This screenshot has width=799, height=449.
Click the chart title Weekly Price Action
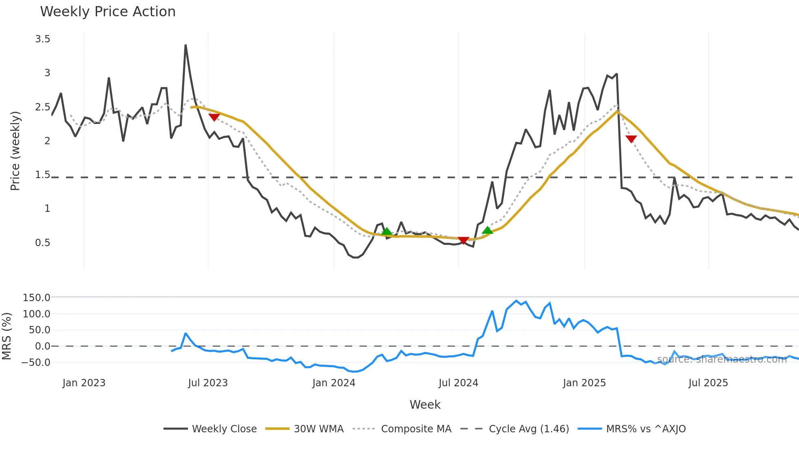pyautogui.click(x=108, y=12)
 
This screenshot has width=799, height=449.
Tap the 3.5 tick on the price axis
pyautogui.click(x=42, y=39)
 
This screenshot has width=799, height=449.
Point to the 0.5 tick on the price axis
pyautogui.click(x=42, y=243)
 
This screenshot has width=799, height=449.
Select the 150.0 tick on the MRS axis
pyautogui.click(x=36, y=298)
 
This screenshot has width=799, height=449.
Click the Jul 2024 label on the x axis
pyautogui.click(x=458, y=383)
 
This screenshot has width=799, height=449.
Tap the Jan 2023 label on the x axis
pyautogui.click(x=84, y=383)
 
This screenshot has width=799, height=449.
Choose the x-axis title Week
pyautogui.click(x=425, y=405)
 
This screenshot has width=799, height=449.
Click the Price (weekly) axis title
pyautogui.click(x=15, y=151)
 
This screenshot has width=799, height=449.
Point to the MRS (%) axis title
pyautogui.click(x=7, y=336)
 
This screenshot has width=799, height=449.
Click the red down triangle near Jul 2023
pyautogui.click(x=214, y=117)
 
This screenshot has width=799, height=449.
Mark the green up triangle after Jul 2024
pyautogui.click(x=488, y=231)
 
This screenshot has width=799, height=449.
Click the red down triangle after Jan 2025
pyautogui.click(x=631, y=139)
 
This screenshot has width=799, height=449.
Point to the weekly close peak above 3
pyautogui.click(x=185, y=46)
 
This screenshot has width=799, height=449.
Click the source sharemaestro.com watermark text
pyautogui.click(x=722, y=359)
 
